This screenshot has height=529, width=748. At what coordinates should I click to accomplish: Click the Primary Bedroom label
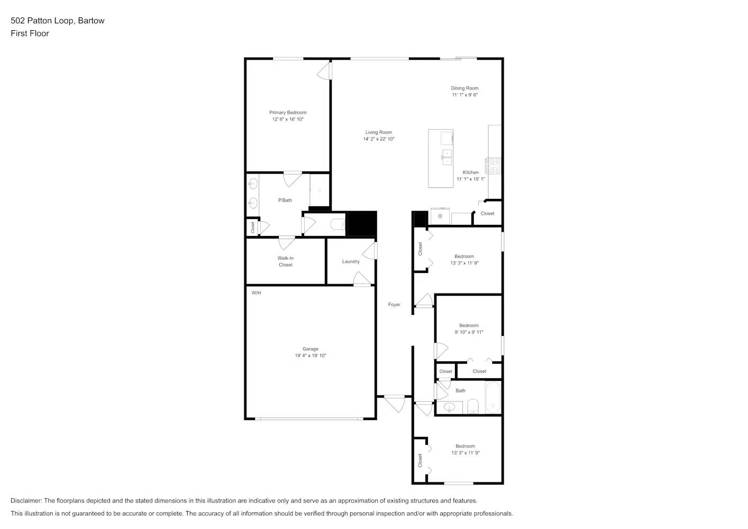(x=287, y=113)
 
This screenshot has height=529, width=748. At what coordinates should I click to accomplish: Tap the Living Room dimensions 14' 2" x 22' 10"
(x=378, y=139)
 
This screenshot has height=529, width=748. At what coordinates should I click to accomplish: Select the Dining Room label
(x=464, y=88)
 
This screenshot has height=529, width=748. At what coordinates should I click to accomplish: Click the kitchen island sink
(x=447, y=157)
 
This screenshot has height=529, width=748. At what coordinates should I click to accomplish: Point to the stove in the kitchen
(x=494, y=166)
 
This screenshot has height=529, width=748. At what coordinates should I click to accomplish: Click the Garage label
(x=310, y=349)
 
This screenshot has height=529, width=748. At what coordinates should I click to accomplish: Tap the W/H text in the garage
(x=256, y=293)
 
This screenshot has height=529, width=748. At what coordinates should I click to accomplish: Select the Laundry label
(x=350, y=261)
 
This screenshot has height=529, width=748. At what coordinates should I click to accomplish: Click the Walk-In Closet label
(x=285, y=261)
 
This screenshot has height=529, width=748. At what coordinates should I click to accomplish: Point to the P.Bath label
(x=285, y=200)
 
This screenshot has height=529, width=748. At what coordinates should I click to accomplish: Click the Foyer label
(x=394, y=305)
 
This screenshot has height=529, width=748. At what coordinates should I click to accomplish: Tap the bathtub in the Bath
(x=492, y=398)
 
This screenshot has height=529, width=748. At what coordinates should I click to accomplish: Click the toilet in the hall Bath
(x=472, y=406)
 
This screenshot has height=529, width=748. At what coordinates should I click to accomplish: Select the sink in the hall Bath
(x=449, y=407)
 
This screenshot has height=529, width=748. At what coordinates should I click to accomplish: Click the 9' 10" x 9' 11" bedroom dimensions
(x=469, y=332)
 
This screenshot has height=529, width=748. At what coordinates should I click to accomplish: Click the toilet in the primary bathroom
(x=337, y=225)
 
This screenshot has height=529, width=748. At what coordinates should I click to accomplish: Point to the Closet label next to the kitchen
(x=487, y=214)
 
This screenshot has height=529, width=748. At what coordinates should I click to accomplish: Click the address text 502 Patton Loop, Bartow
(x=58, y=21)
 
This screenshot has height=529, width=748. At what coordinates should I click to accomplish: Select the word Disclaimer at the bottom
(x=26, y=500)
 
